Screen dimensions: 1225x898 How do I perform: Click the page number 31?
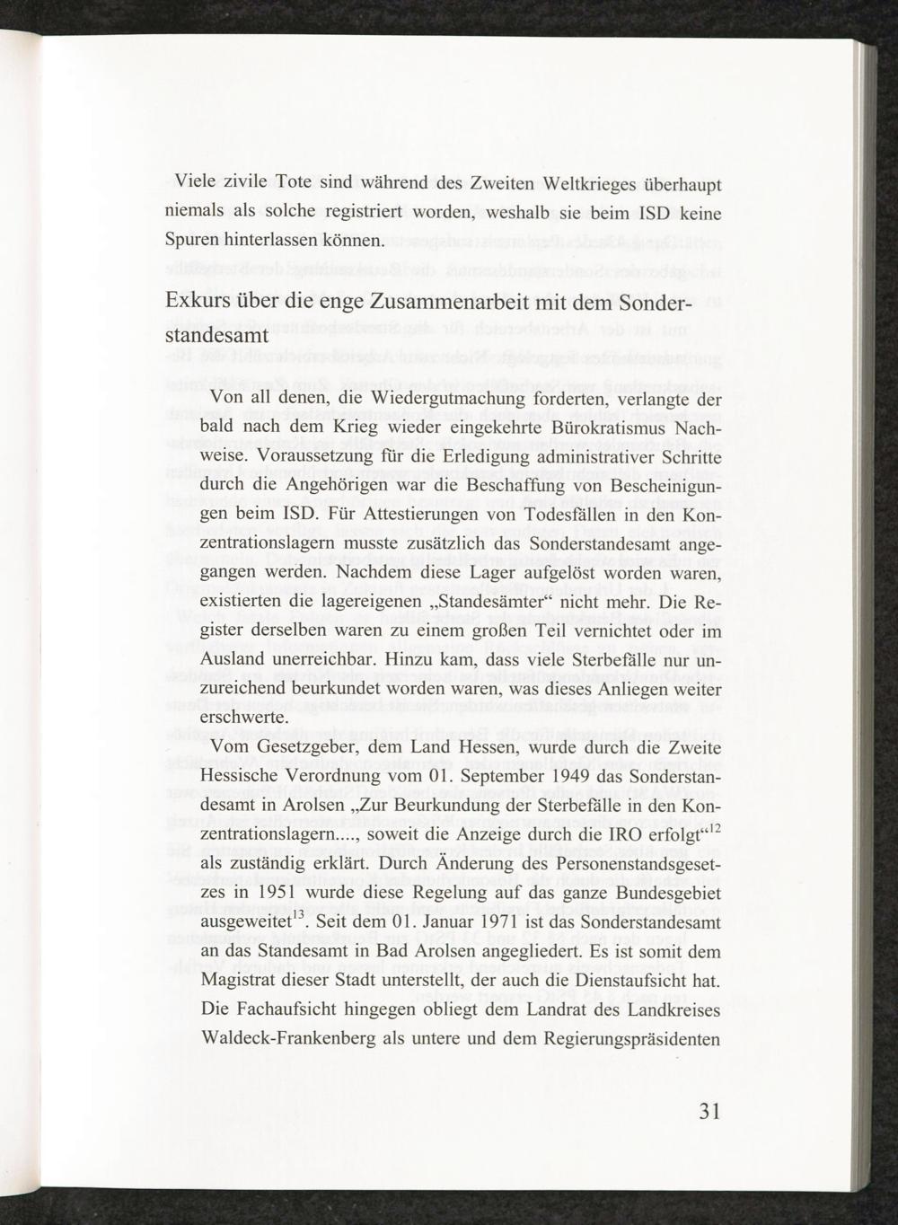(x=709, y=1112)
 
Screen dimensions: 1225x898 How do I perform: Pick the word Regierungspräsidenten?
(x=633, y=1039)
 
